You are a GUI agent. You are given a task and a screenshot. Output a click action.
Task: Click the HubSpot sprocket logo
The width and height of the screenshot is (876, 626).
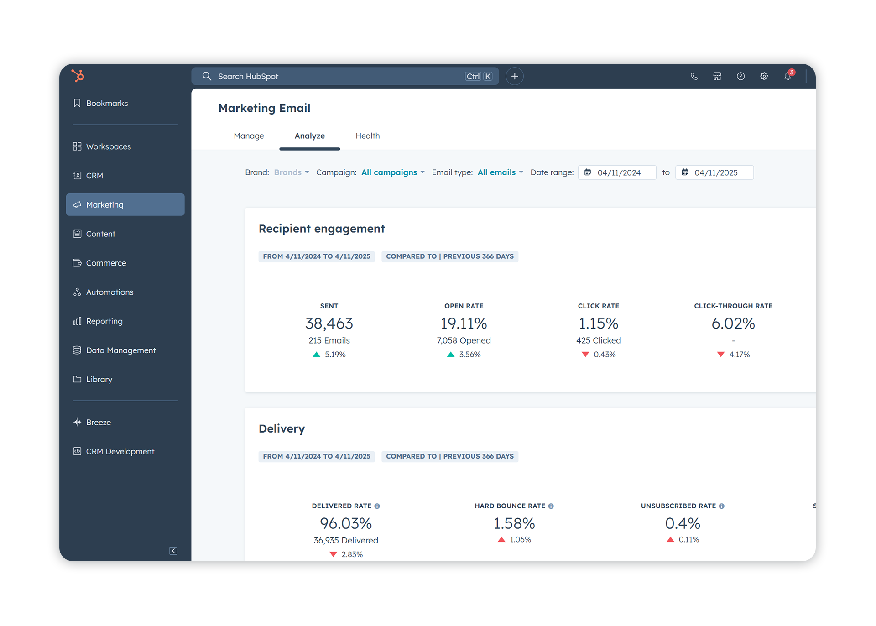tap(78, 75)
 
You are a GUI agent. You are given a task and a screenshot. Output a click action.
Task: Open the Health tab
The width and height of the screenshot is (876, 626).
tap(367, 136)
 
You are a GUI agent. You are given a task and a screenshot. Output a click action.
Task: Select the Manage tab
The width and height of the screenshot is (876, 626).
tap(249, 136)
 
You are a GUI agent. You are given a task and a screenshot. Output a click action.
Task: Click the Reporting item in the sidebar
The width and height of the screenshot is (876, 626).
tap(104, 321)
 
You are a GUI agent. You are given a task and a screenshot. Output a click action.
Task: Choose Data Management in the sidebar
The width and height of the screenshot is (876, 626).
tap(120, 350)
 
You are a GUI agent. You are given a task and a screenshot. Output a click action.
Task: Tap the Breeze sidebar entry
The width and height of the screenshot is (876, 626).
tap(98, 422)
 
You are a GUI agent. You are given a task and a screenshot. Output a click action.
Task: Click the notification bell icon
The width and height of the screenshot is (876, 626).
tap(787, 76)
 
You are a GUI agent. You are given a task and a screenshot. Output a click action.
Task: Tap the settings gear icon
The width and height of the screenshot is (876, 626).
tap(764, 76)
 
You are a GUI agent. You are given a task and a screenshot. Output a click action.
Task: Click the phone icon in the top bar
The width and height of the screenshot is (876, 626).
tap(694, 76)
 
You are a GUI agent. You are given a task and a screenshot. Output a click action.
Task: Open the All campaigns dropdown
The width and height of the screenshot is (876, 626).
tap(393, 172)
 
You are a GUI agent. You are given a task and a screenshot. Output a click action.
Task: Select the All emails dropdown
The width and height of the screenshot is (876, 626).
tap(500, 172)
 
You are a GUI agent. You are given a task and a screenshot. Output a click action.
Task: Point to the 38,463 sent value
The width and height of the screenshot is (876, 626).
tap(329, 323)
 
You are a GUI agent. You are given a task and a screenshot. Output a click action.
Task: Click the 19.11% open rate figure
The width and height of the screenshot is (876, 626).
tap(464, 323)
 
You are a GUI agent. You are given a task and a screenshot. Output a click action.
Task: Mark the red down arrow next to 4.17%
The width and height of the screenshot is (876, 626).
tap(721, 355)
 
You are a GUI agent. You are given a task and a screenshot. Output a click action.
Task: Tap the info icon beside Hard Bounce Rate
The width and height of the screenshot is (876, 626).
tap(551, 506)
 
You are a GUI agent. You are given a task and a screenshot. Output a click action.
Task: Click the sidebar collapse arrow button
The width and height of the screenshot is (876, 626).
tap(173, 551)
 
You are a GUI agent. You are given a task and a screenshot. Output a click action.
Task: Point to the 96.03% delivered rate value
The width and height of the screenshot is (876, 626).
tap(346, 523)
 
